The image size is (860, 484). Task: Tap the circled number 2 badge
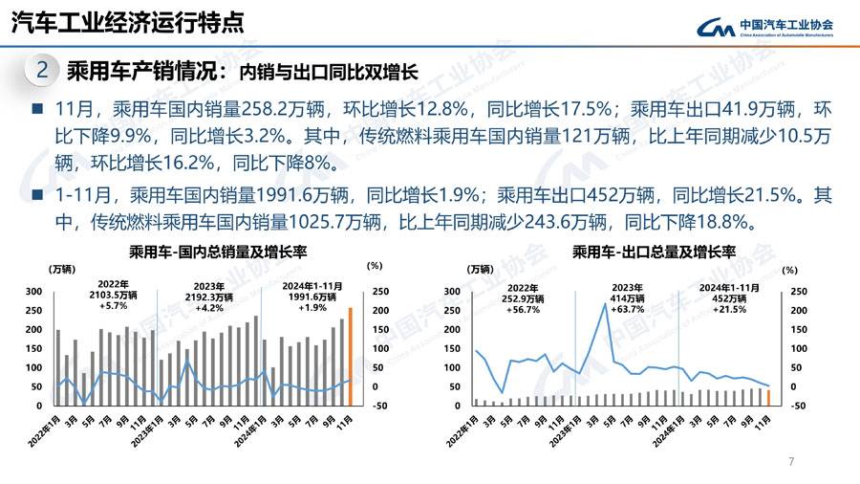(x=42, y=70)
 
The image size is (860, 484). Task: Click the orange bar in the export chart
(x=768, y=397)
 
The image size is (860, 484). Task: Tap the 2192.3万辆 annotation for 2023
(x=208, y=297)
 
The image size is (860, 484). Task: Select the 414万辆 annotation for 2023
(x=627, y=297)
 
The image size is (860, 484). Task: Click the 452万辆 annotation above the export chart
(x=728, y=297)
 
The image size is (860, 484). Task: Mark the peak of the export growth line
(x=604, y=305)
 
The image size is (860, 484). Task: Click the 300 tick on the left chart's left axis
(x=33, y=291)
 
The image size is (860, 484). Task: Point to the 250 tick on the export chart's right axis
(x=799, y=291)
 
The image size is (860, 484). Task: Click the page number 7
(x=791, y=462)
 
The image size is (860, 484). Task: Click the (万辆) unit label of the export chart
(x=483, y=269)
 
